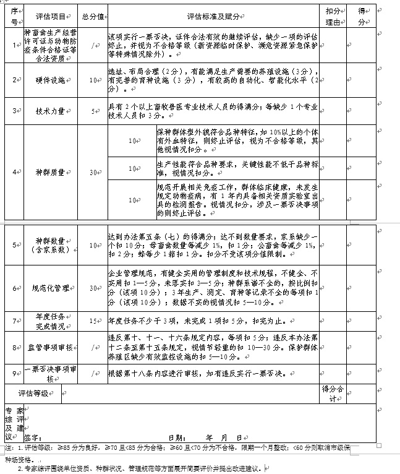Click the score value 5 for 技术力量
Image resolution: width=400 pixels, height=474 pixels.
(x=93, y=111)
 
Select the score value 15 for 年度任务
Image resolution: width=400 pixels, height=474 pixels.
(x=93, y=321)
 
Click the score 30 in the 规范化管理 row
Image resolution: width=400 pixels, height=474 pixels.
(x=93, y=288)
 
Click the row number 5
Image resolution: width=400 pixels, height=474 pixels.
(x=14, y=245)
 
